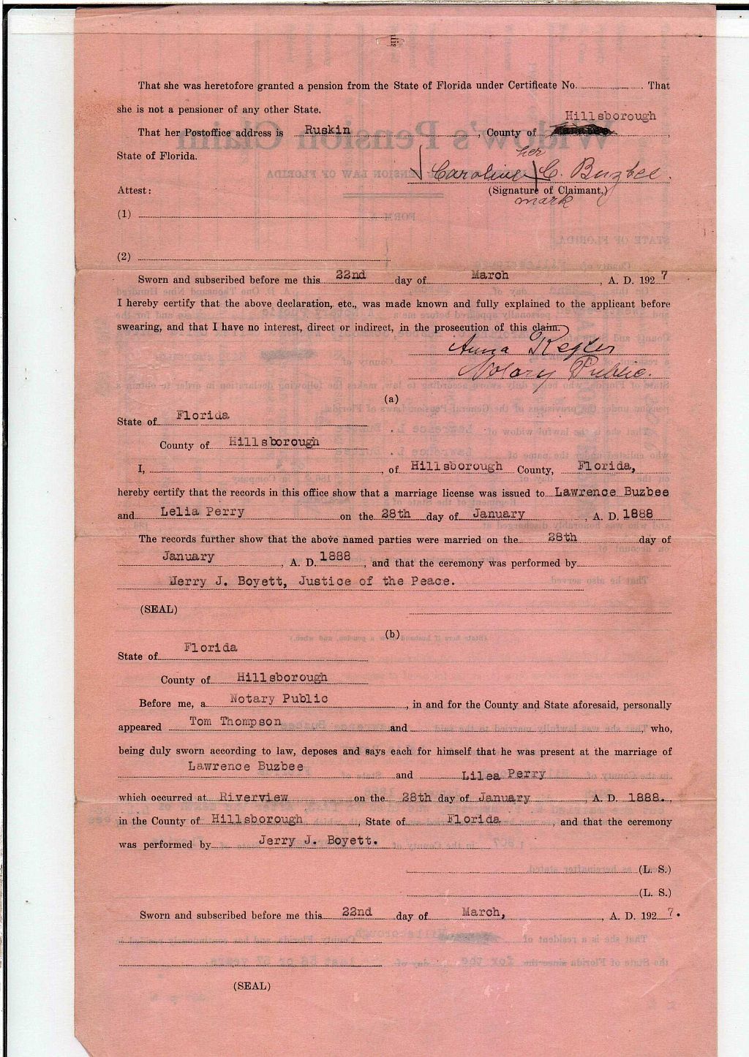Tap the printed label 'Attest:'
click(134, 190)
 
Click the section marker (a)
click(391, 399)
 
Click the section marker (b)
click(391, 634)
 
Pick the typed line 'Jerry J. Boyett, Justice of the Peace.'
click(312, 581)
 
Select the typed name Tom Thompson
click(235, 722)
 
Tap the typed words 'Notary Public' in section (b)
click(279, 699)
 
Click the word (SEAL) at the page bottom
click(251, 986)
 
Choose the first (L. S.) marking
click(655, 870)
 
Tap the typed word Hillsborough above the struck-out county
click(611, 115)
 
